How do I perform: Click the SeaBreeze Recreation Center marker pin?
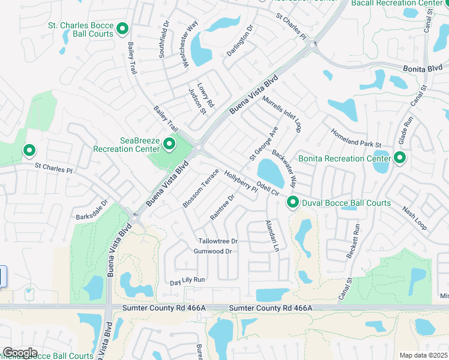pyautogui.click(x=169, y=143)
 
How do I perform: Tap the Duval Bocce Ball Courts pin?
pyautogui.click(x=293, y=202)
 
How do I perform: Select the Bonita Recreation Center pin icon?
pyautogui.click(x=399, y=158)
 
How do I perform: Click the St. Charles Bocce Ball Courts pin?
pyautogui.click(x=122, y=28)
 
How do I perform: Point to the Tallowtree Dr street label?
pyautogui.click(x=218, y=241)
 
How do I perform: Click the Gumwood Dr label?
pyautogui.click(x=212, y=251)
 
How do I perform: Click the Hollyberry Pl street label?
pyautogui.click(x=240, y=181)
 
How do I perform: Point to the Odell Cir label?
pyautogui.click(x=268, y=188)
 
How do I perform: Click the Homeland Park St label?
pyautogui.click(x=356, y=137)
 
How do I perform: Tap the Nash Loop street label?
pyautogui.click(x=415, y=219)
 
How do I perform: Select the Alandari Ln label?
pyautogui.click(x=273, y=235)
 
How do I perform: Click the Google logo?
pyautogui.click(x=20, y=353)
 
